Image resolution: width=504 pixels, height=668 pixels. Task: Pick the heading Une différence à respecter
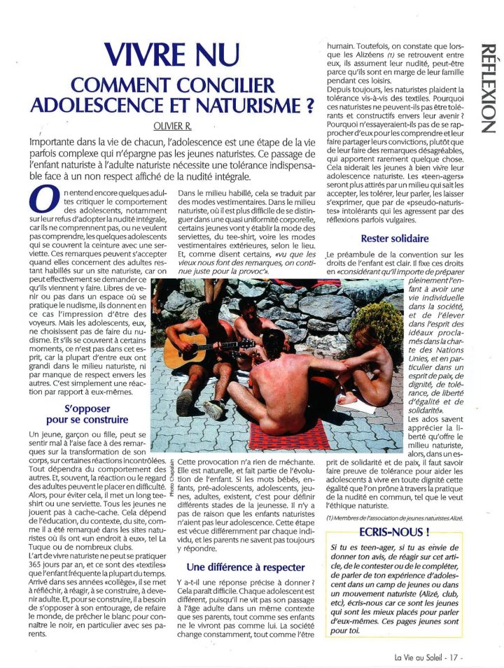[245, 567]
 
